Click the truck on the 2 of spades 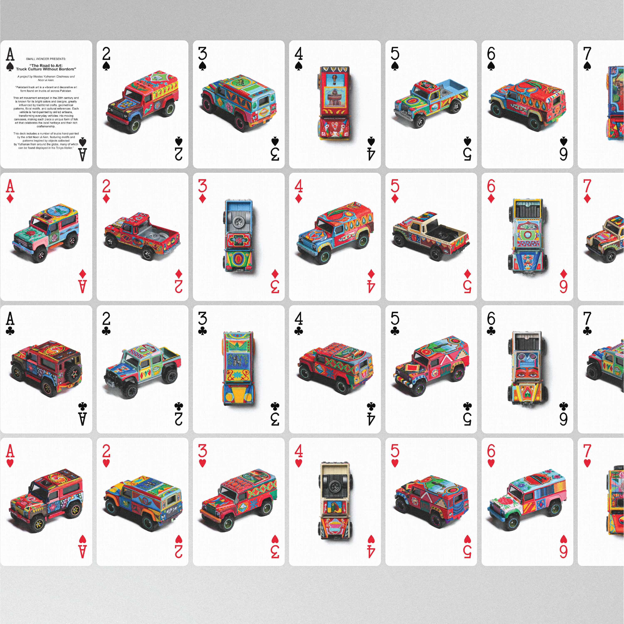click(142, 102)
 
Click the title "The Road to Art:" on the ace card click(46, 66)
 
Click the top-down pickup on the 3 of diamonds click(238, 236)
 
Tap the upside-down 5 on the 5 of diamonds click(467, 286)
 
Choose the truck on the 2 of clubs click(142, 370)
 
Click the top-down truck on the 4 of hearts click(335, 501)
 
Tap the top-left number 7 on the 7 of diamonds click(587, 186)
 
